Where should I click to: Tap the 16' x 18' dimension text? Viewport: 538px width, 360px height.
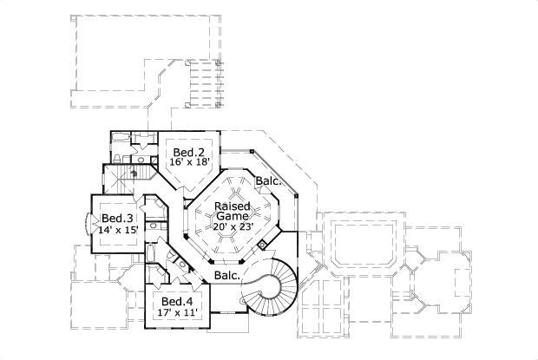(x=189, y=162)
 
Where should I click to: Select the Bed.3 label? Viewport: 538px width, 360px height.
(x=117, y=218)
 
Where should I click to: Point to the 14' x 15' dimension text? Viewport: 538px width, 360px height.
(x=118, y=230)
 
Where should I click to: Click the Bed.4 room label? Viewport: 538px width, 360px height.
(x=177, y=301)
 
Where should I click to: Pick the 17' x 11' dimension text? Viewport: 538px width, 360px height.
(x=177, y=312)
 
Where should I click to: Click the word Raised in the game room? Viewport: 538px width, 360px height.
(x=233, y=206)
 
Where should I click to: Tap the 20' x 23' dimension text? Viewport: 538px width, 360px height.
(x=233, y=226)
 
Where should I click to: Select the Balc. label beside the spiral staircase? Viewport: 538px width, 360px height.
(x=226, y=275)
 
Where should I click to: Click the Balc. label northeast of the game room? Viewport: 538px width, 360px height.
(x=269, y=181)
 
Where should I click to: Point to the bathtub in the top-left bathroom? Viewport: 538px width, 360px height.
(x=121, y=138)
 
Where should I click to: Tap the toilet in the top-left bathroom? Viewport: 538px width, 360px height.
(x=116, y=159)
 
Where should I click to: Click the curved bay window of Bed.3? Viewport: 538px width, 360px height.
(x=88, y=224)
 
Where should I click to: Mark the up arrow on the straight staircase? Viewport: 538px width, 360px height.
(x=134, y=173)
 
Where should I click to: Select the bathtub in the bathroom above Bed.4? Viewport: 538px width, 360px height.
(x=150, y=252)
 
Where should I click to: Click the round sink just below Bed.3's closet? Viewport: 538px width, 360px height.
(x=154, y=226)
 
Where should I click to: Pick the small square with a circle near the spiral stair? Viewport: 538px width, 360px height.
(x=262, y=245)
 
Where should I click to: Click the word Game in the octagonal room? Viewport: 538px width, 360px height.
(x=233, y=216)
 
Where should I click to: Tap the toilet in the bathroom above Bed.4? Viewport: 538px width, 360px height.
(x=171, y=255)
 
